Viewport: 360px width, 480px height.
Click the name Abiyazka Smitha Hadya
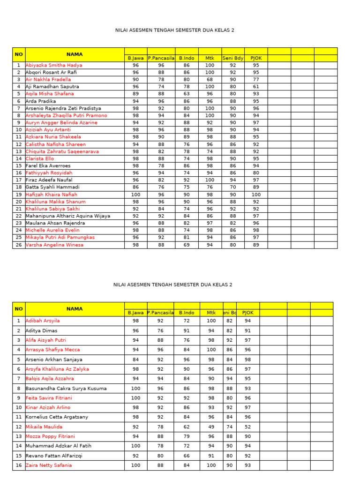point(54,65)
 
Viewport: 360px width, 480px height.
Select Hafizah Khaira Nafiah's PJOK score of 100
point(256,195)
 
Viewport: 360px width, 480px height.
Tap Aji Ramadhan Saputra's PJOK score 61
point(256,87)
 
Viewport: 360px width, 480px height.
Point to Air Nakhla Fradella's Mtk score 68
point(210,80)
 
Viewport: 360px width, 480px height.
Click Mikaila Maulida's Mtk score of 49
point(211,427)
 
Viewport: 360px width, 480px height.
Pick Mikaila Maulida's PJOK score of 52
point(247,427)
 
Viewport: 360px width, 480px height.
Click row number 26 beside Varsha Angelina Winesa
point(19,245)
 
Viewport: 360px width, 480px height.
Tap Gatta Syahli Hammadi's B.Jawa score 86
point(135,187)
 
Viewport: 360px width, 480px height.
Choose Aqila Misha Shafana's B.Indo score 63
point(187,94)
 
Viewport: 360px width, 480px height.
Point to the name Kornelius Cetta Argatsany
point(57,417)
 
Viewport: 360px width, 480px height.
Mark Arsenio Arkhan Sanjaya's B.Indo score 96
point(187,360)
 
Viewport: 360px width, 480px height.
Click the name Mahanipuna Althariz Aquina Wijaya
point(68,216)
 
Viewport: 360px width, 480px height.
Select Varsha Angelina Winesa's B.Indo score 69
point(187,245)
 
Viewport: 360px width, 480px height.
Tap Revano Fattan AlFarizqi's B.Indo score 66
point(187,456)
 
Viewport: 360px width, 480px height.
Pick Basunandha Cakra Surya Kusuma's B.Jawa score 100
point(135,388)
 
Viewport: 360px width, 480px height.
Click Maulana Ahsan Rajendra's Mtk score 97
point(210,223)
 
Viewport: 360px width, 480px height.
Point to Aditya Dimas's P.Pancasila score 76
point(160,330)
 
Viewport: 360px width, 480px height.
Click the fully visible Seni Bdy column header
point(233,58)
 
